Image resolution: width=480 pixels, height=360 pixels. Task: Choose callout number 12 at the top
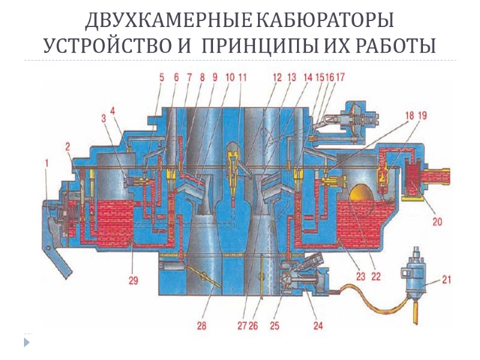(277, 77)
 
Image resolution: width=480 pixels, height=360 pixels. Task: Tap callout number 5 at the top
(161, 77)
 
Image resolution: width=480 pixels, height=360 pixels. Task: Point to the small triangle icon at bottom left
(26, 341)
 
